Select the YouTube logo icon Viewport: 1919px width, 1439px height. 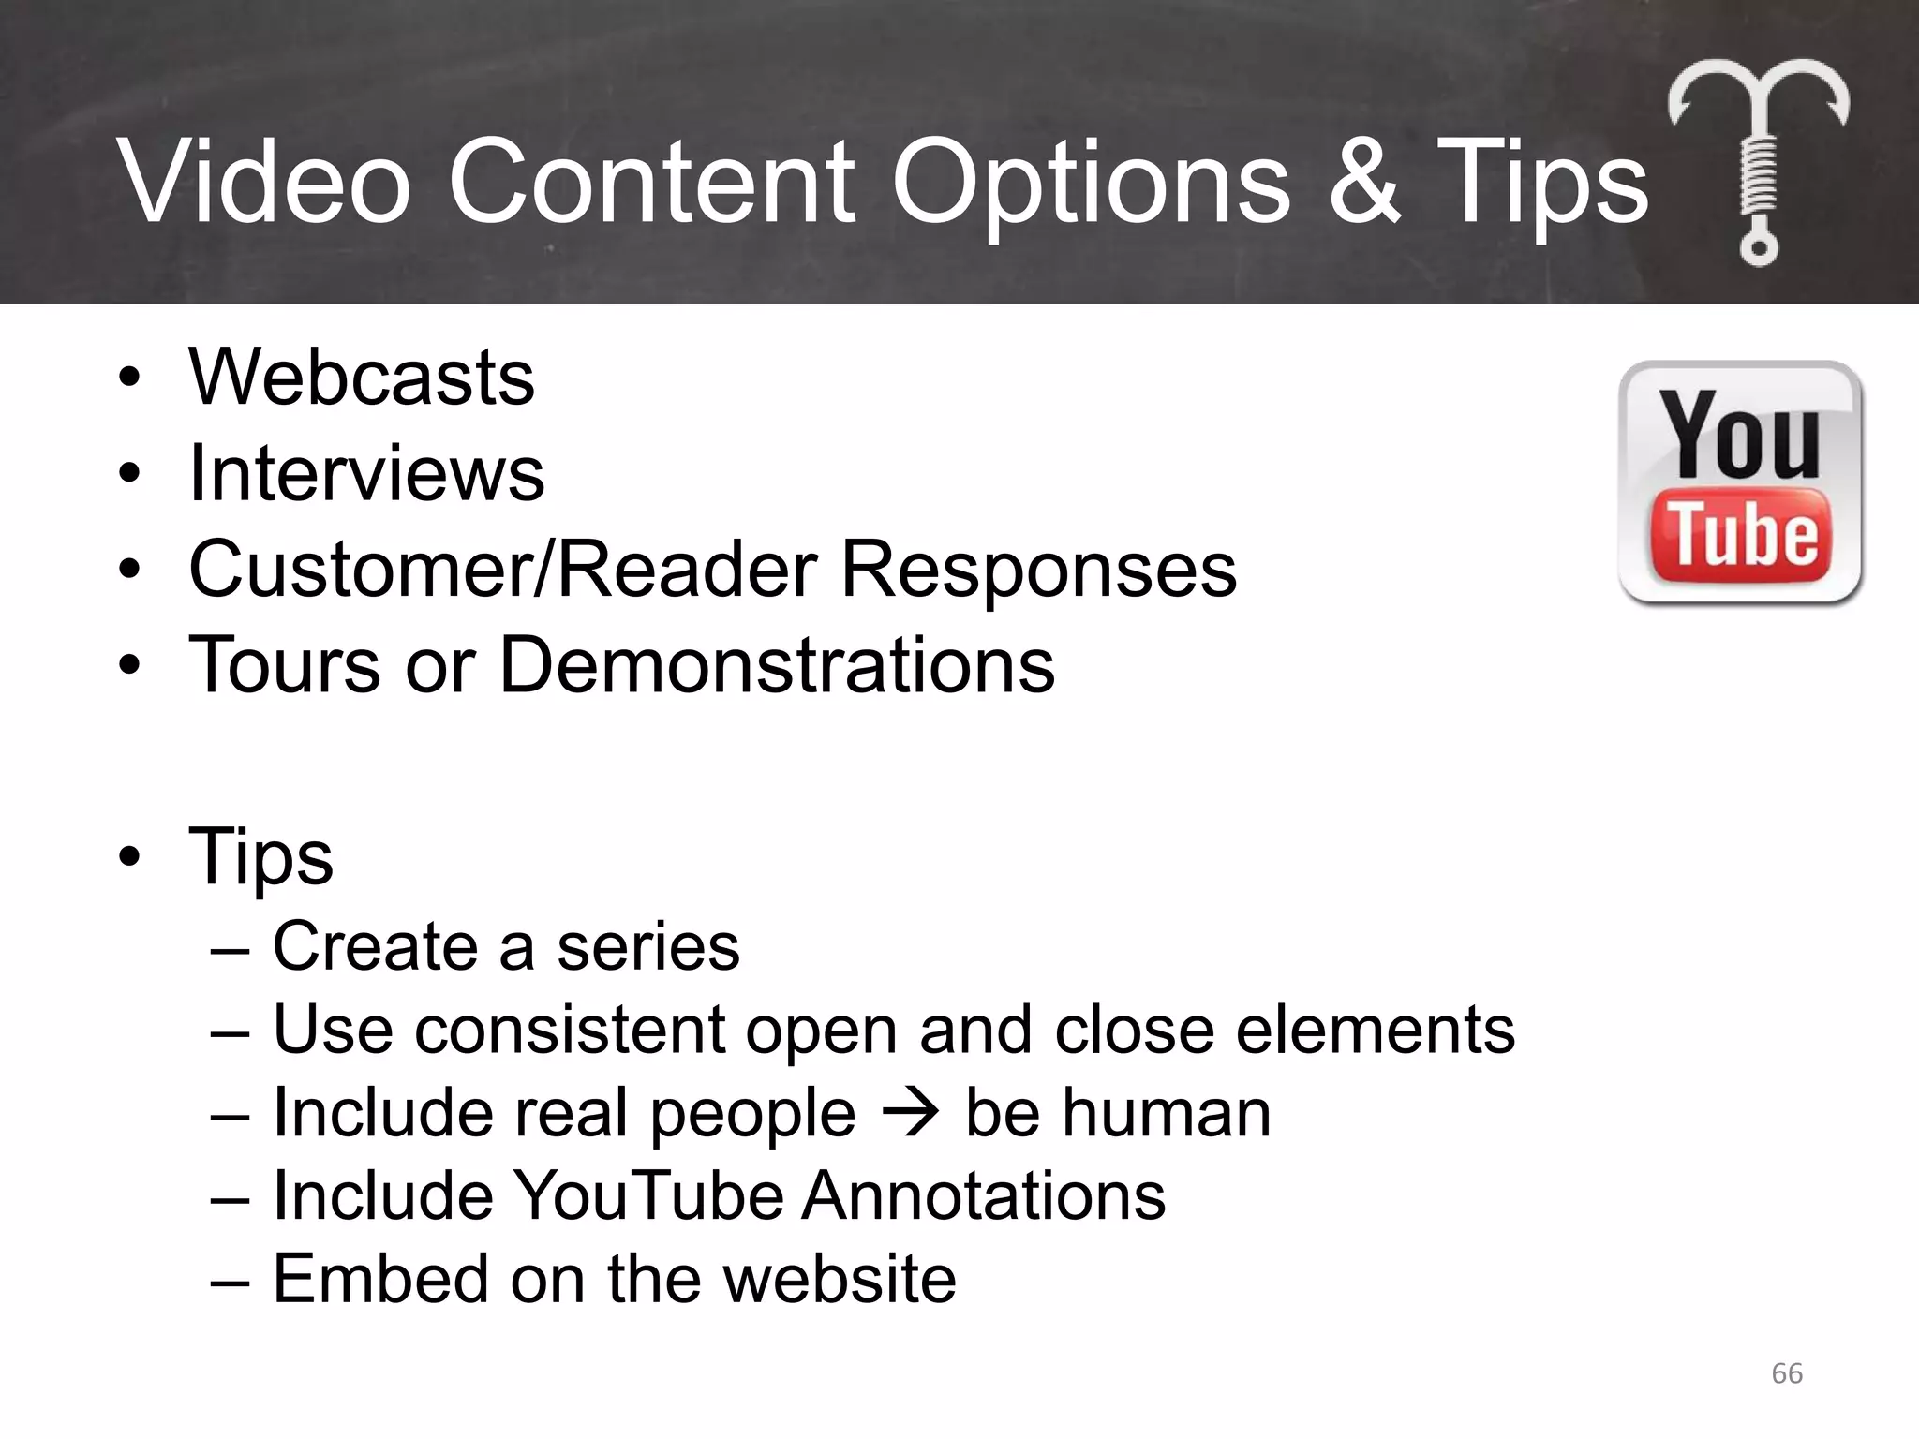[1740, 482]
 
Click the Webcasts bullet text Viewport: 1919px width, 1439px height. [362, 378]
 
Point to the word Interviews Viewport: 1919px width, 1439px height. [366, 473]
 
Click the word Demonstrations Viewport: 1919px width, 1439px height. [777, 664]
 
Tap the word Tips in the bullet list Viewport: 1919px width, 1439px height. [260, 856]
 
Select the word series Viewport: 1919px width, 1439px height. [648, 946]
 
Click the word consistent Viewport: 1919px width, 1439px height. [570, 1030]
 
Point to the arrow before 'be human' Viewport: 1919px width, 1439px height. [910, 1113]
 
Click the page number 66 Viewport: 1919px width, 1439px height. [1787, 1373]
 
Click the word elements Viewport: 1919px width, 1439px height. [1375, 1030]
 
